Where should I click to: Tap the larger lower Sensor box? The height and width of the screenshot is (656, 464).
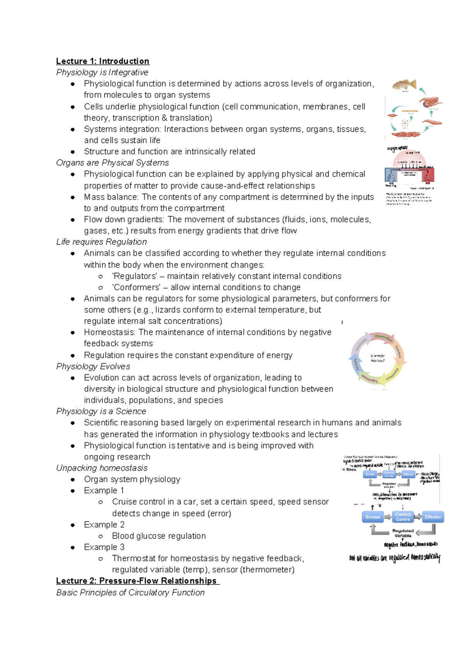(x=373, y=517)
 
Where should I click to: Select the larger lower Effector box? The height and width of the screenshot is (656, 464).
(x=433, y=517)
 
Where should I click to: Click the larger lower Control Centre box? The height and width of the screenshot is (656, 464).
(x=403, y=517)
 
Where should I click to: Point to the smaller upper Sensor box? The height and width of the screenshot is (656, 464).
(x=370, y=474)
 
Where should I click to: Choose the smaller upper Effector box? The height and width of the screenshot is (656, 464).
(x=408, y=474)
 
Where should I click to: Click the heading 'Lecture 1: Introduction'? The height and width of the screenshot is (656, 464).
(x=102, y=61)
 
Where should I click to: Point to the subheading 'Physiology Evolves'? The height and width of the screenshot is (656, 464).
(x=93, y=366)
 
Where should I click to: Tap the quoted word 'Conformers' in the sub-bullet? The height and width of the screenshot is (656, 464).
(x=136, y=287)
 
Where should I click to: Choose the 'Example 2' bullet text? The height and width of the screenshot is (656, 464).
(x=104, y=524)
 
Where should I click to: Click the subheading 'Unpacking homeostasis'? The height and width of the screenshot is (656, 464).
(x=102, y=468)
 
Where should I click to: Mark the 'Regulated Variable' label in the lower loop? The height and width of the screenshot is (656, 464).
(x=403, y=533)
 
